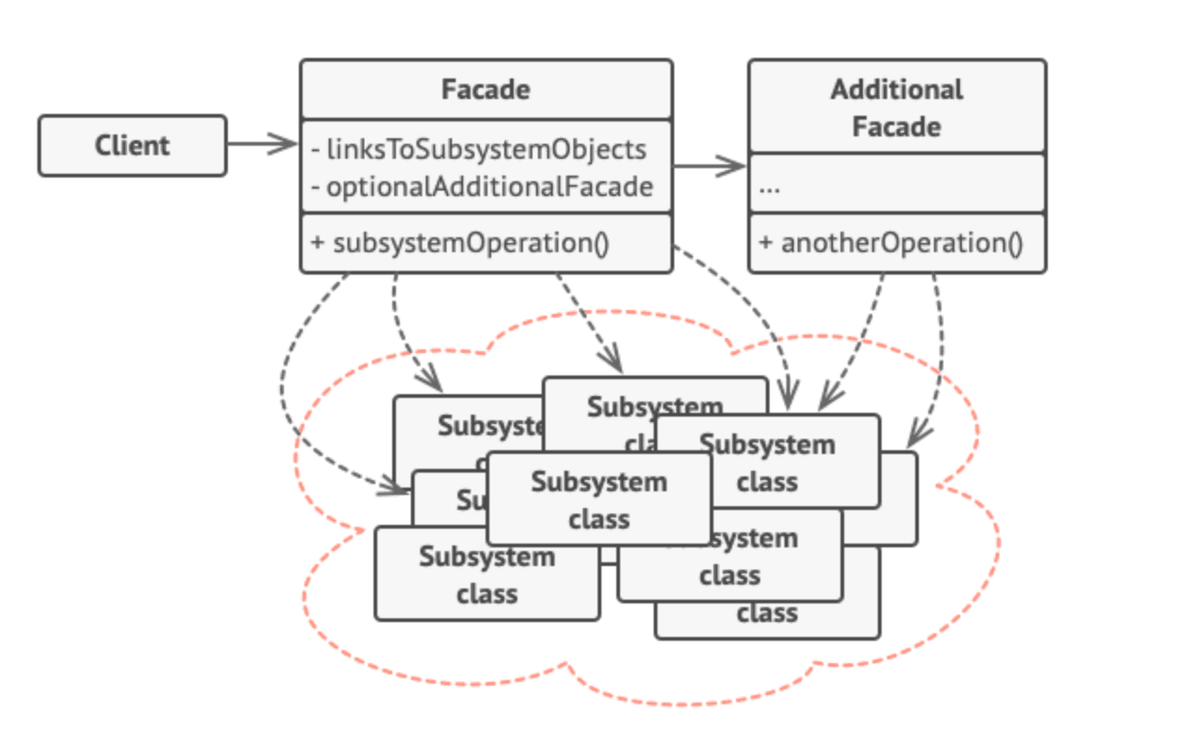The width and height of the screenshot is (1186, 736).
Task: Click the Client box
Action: tap(132, 146)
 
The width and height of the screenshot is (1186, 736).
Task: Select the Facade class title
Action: tap(485, 90)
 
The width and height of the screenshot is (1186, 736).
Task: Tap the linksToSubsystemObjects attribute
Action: tap(486, 149)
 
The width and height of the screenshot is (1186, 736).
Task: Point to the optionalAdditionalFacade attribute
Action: tap(488, 187)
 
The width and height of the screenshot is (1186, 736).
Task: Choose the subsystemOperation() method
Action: tap(471, 243)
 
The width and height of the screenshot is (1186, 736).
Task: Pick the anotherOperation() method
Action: tap(901, 243)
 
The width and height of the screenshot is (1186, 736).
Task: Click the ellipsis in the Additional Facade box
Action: tap(769, 187)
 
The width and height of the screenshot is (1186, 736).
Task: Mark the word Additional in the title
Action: tap(897, 90)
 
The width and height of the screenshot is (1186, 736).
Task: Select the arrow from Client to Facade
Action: tap(261, 144)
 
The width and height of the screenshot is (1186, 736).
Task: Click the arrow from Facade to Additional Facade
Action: tap(710, 167)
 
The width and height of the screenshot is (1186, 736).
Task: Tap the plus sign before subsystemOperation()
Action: tap(318, 243)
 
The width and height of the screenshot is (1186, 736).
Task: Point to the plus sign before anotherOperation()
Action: tap(766, 243)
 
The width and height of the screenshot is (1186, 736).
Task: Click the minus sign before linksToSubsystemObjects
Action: tap(318, 149)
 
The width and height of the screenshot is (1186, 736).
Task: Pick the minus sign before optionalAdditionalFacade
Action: tap(318, 187)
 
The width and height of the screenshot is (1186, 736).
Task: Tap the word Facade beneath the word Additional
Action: tap(897, 127)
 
